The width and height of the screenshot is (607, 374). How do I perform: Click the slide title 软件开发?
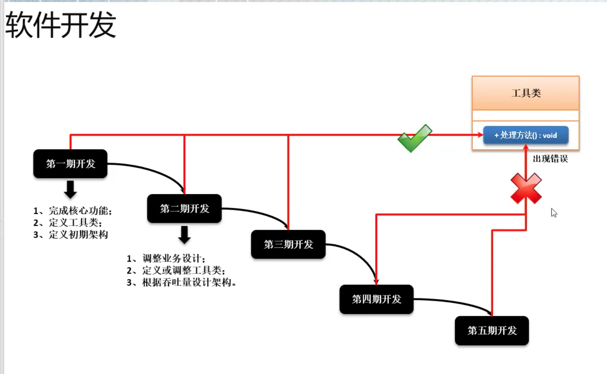tap(61, 25)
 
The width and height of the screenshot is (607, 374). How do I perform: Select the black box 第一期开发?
tap(70, 164)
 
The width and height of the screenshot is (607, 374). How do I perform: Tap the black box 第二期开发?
tap(185, 209)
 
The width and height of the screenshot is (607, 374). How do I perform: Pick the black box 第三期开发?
tap(288, 244)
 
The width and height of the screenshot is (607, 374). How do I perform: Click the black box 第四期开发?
tap(377, 299)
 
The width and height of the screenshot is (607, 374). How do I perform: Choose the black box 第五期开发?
tap(492, 331)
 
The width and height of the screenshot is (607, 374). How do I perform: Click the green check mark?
tap(414, 138)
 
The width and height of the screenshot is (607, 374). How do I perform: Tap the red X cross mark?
tap(526, 188)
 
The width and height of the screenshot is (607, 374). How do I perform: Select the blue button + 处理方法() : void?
tap(526, 135)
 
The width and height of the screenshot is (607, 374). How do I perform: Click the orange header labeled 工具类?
tap(526, 93)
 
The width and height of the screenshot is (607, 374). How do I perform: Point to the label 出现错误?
tap(550, 159)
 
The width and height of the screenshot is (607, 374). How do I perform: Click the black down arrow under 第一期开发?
tap(70, 189)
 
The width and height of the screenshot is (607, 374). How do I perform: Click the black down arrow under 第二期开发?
tap(185, 235)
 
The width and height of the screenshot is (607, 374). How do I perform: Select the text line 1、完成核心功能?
tap(73, 211)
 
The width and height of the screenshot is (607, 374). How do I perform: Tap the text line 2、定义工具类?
tap(68, 223)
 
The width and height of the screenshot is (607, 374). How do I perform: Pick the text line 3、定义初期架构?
tap(71, 235)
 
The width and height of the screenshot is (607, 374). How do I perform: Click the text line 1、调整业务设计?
tap(166, 258)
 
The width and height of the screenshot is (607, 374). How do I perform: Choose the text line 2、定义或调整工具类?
tap(176, 270)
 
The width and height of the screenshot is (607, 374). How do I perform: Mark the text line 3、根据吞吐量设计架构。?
tap(182, 283)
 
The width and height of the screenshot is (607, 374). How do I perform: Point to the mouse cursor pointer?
tap(554, 213)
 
